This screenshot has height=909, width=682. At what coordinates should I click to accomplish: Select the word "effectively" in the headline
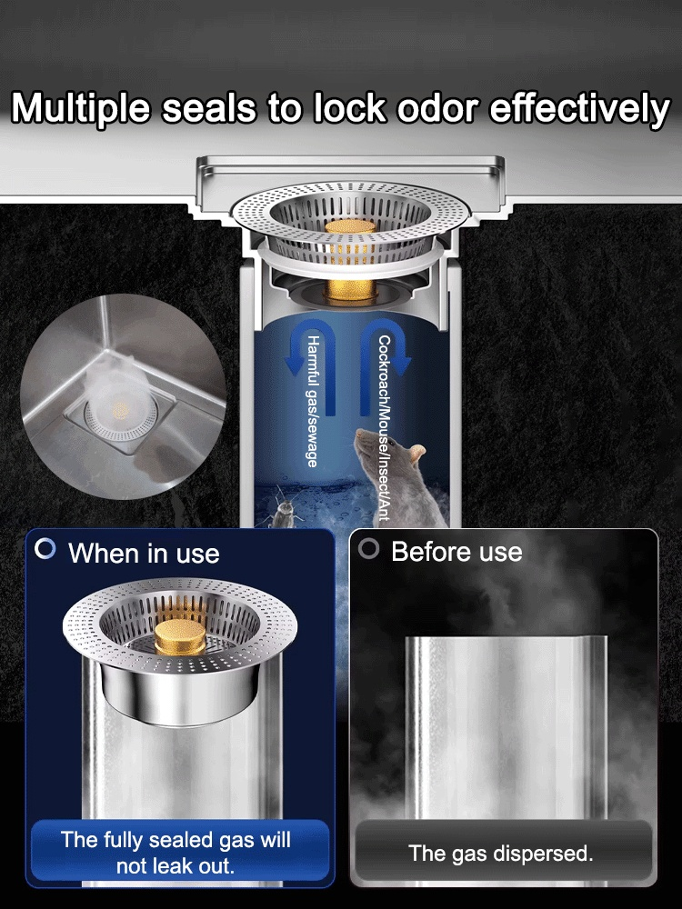click(580, 108)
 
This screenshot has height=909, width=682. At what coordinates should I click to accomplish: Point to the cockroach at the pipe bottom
click(284, 510)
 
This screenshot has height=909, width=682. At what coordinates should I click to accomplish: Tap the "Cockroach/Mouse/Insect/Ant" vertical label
click(384, 428)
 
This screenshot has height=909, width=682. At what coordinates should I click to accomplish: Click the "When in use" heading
click(144, 553)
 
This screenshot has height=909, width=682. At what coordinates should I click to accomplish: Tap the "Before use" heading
click(456, 552)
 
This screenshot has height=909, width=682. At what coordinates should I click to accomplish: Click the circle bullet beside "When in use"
click(45, 549)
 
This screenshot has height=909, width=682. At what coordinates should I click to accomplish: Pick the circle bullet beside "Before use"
click(368, 548)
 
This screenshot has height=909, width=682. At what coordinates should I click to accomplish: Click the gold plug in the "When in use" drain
click(179, 638)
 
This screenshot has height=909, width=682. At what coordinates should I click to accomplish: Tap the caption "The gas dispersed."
click(500, 854)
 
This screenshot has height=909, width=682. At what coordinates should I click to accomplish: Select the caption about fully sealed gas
click(176, 853)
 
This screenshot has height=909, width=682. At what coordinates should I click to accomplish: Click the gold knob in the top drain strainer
click(350, 230)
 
